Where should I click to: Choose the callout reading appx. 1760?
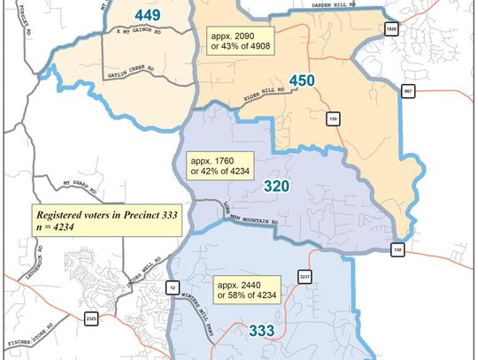pos(218,167)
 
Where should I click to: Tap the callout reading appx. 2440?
pos(243,288)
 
